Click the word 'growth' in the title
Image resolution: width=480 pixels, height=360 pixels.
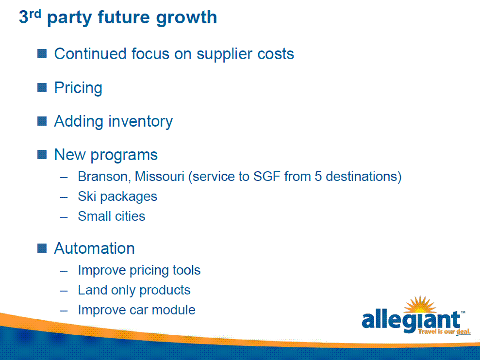tap(186, 18)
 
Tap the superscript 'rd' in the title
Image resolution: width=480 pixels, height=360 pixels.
tap(35, 14)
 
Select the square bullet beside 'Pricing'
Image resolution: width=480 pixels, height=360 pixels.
tap(42, 87)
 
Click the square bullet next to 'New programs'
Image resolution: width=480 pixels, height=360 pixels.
tap(42, 155)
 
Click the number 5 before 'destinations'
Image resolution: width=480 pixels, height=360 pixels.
tap(318, 176)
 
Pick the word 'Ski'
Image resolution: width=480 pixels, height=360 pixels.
tap(87, 196)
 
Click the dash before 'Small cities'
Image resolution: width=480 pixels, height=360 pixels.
tap(64, 217)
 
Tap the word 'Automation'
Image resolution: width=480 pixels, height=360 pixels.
tap(94, 248)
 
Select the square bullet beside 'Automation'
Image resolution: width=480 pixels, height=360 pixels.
tap(42, 248)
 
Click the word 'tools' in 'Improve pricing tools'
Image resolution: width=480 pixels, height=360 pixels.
tap(186, 270)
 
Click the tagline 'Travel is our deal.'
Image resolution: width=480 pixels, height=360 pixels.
tap(444, 331)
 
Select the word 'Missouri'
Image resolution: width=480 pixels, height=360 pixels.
tap(160, 177)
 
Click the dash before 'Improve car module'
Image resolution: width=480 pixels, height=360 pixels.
tap(64, 311)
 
